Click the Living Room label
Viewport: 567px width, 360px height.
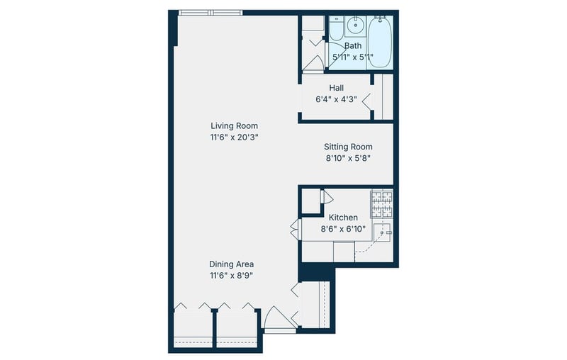pyautogui.click(x=235, y=125)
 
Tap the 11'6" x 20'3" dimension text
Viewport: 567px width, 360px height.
pyautogui.click(x=235, y=137)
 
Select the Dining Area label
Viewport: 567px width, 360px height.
pyautogui.click(x=232, y=264)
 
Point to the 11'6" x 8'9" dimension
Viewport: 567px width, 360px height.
pyautogui.click(x=232, y=276)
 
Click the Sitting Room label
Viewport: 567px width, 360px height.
pyautogui.click(x=348, y=147)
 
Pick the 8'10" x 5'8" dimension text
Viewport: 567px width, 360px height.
pyautogui.click(x=348, y=158)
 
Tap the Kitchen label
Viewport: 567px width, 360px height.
pyautogui.click(x=343, y=218)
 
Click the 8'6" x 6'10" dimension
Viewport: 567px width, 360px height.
pyautogui.click(x=343, y=229)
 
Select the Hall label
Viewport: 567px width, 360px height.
pyautogui.click(x=336, y=88)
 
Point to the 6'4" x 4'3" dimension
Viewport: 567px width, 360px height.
pyautogui.click(x=336, y=99)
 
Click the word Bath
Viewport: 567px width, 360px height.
pyautogui.click(x=353, y=46)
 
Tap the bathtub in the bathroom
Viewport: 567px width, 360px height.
pyautogui.click(x=380, y=42)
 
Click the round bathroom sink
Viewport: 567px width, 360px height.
pyautogui.click(x=356, y=26)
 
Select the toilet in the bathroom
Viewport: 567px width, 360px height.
pyautogui.click(x=337, y=27)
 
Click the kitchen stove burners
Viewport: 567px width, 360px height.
pyautogui.click(x=382, y=204)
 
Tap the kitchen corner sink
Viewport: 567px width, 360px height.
pyautogui.click(x=383, y=232)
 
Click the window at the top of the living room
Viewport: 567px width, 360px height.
pyautogui.click(x=210, y=13)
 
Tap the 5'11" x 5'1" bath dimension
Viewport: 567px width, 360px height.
pyautogui.click(x=353, y=57)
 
